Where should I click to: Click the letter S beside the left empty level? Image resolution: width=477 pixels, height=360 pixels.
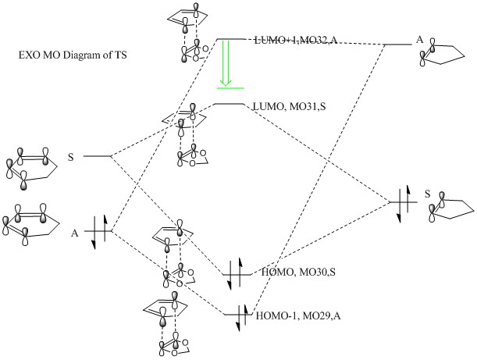[x=71, y=157]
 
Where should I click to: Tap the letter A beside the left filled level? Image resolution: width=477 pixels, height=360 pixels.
[x=75, y=232]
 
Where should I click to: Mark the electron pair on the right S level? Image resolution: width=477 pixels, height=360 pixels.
[x=402, y=204]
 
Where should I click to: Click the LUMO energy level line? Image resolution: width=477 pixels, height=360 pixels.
[x=228, y=104]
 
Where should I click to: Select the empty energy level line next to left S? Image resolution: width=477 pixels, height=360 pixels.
[x=98, y=157]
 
